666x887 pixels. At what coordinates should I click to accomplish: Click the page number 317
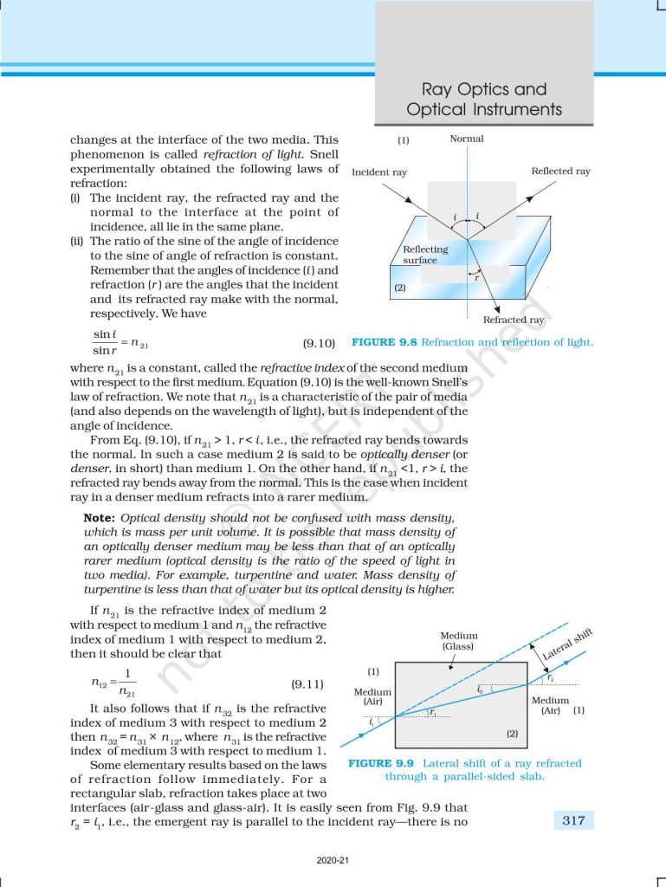573,819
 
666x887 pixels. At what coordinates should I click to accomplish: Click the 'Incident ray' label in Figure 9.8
379,172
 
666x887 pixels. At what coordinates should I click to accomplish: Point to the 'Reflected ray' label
560,172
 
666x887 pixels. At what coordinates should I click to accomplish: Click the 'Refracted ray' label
514,320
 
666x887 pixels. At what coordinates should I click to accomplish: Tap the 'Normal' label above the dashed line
467,139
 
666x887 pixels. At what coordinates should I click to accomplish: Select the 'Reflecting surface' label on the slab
425,255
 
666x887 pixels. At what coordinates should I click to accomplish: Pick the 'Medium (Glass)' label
459,641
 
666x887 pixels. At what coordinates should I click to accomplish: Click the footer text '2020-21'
333,861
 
